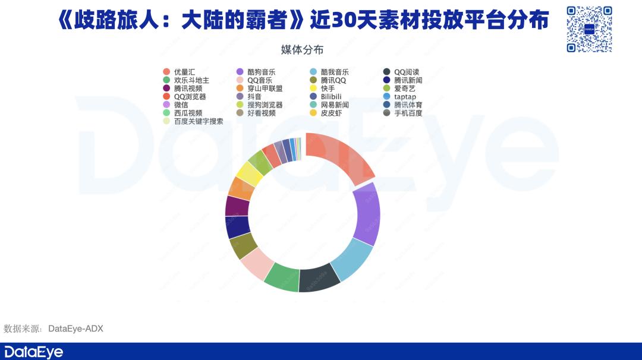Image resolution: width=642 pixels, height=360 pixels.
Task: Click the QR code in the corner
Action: coord(589,29)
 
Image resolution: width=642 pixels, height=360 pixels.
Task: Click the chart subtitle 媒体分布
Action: coord(302,50)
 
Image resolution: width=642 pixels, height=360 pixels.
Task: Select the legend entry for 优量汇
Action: coord(179,72)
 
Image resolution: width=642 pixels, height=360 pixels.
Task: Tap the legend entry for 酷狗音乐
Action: coord(256,72)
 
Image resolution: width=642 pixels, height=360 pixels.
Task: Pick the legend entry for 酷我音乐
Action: coord(329,72)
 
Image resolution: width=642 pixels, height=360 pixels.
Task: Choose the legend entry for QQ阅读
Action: coord(401,72)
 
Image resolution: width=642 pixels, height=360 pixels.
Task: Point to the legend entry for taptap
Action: coord(399,97)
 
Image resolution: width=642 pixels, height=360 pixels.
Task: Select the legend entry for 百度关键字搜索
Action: coord(193,121)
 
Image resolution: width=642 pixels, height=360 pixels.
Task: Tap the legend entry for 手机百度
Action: coord(403,113)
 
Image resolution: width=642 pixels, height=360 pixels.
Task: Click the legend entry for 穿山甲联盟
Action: coord(260,89)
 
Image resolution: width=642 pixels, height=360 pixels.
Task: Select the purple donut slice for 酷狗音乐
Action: coord(366,213)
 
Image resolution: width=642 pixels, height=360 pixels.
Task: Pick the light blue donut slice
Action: coord(353,258)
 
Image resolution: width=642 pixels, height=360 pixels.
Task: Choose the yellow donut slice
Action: coord(249,174)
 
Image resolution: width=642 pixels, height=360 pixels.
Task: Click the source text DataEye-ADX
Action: coord(75,329)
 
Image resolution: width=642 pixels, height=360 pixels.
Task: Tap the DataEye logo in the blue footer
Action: coord(33,352)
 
